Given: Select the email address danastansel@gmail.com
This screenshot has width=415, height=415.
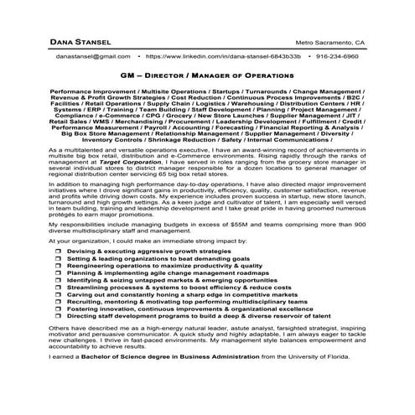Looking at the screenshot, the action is pyautogui.click(x=94, y=56).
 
